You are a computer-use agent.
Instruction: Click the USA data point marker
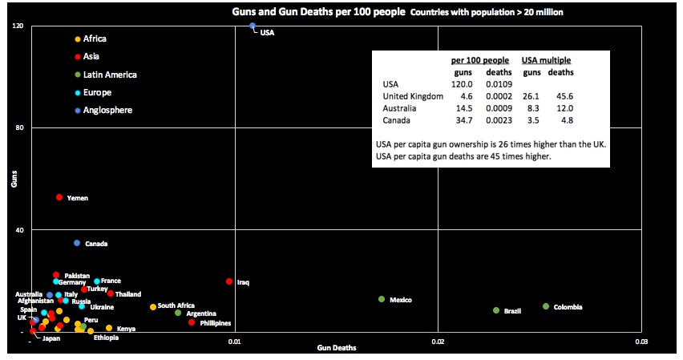point(253,26)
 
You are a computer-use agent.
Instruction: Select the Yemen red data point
point(59,197)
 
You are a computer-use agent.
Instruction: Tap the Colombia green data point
point(546,306)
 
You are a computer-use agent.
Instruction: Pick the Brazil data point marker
point(496,310)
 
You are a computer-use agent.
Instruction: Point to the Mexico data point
point(382,299)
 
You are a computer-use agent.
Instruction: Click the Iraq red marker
point(229,281)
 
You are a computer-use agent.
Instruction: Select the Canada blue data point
point(77,243)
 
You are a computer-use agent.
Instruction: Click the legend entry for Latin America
point(104,75)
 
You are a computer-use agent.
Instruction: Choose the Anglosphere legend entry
point(103,110)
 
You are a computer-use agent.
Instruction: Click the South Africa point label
point(176,305)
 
